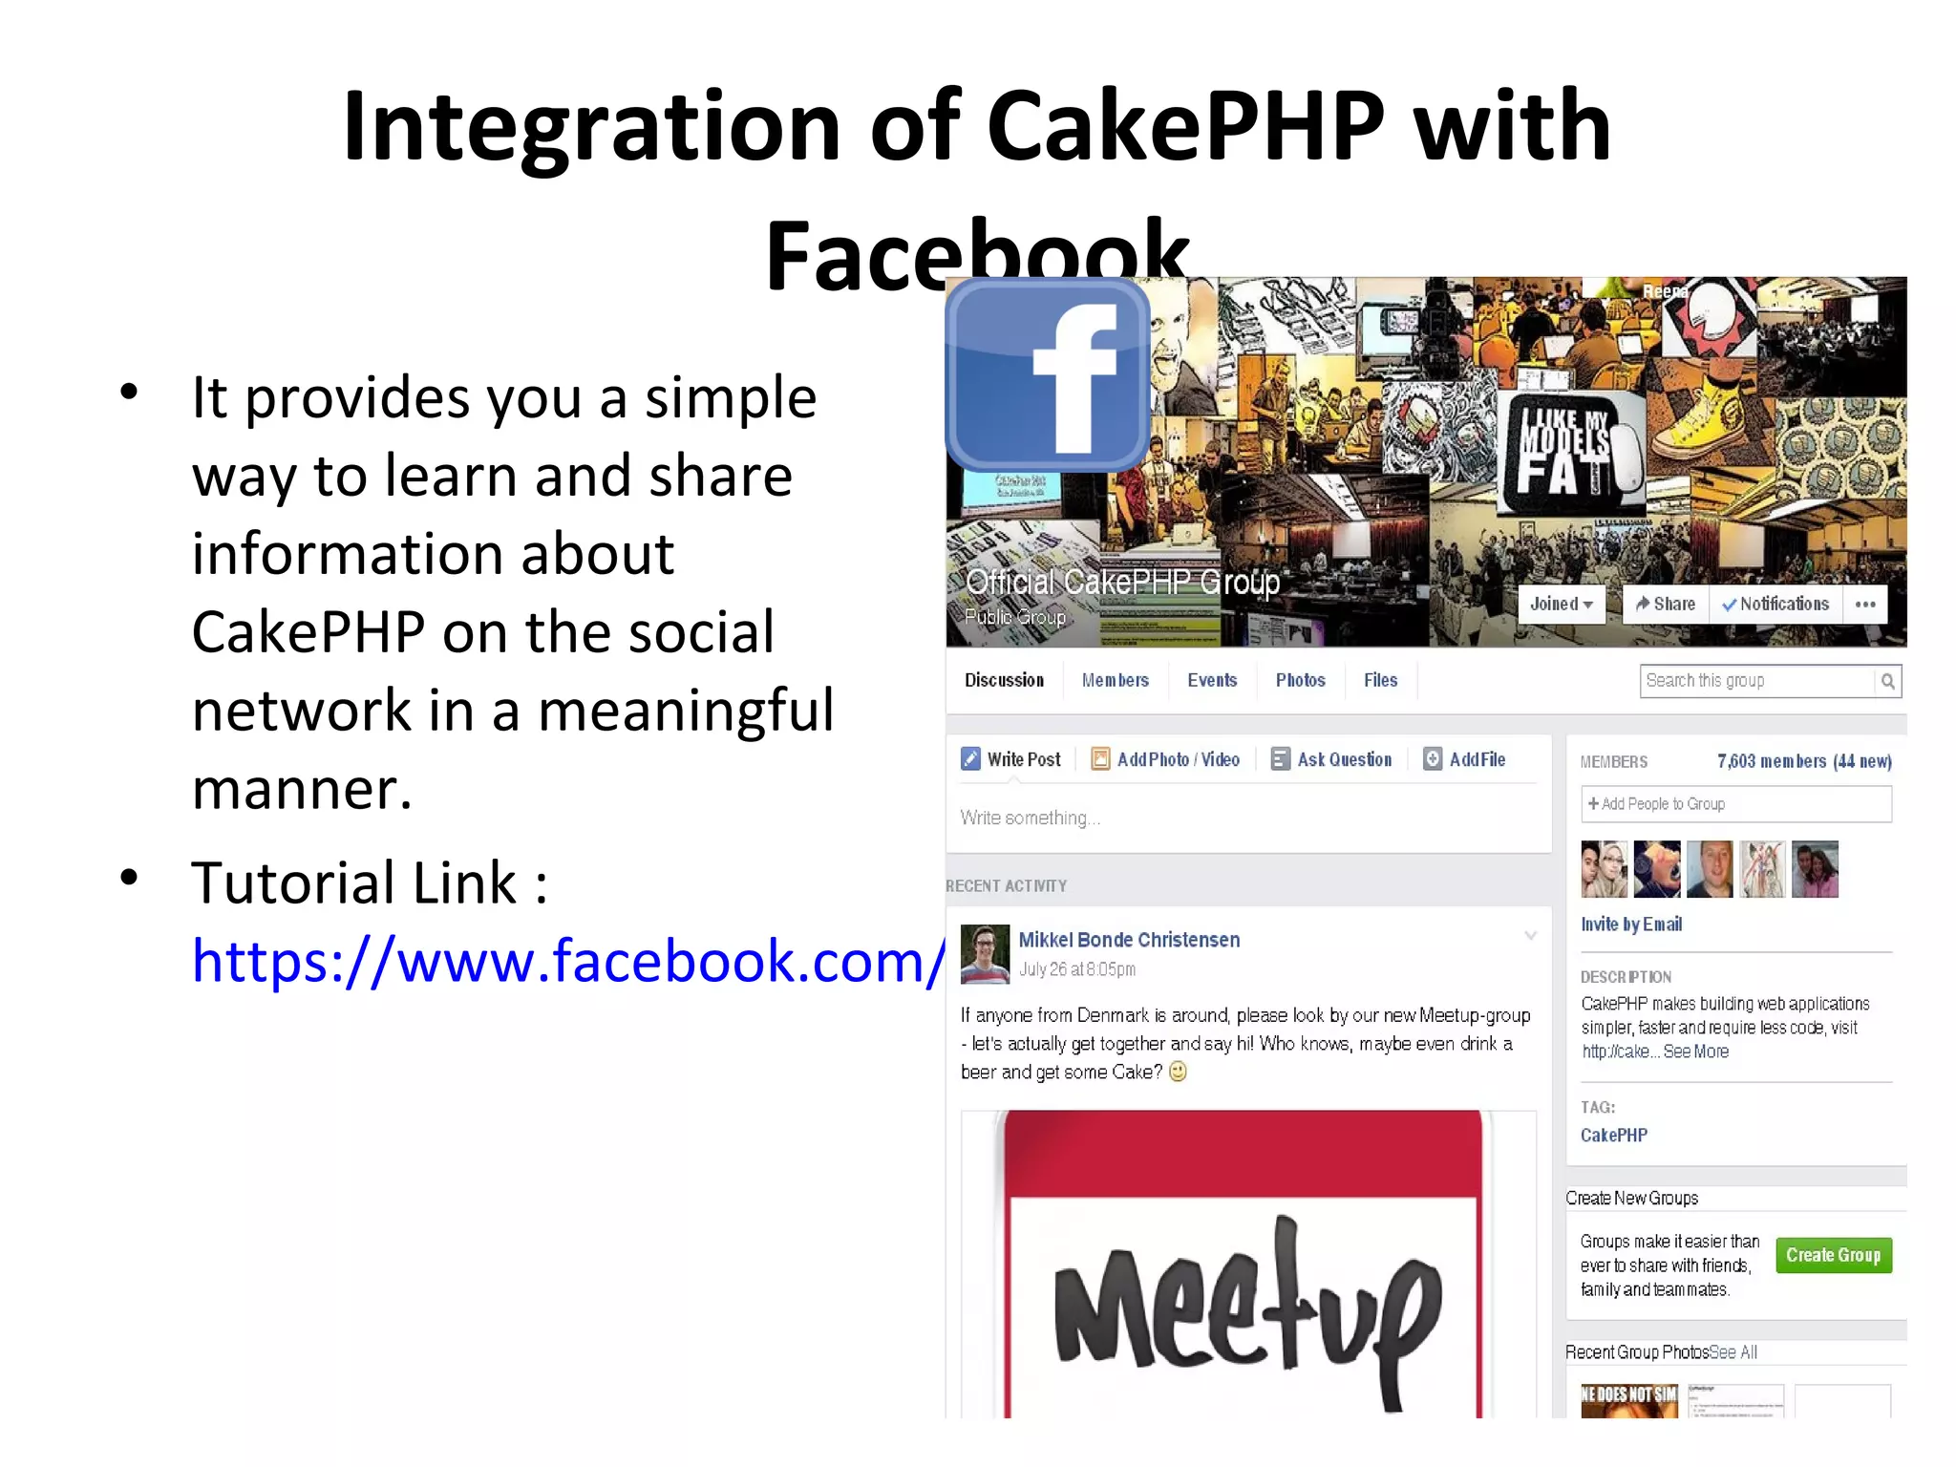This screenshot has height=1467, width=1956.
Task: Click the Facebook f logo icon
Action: (1048, 375)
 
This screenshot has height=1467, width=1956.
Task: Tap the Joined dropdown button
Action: (1562, 605)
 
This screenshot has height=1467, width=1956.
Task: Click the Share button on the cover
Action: (1666, 605)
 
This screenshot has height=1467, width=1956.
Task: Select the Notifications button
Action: (1775, 605)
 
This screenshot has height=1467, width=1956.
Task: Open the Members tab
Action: (1115, 680)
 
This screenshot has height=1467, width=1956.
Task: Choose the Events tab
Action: (1212, 680)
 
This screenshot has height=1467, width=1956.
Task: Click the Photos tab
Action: (1300, 680)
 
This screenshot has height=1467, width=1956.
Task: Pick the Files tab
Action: (1380, 680)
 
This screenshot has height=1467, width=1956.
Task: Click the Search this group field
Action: (1757, 681)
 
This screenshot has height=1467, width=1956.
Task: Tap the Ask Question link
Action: (1332, 759)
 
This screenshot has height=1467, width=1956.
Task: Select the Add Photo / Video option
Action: (1166, 759)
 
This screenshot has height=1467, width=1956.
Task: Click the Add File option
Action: (1465, 759)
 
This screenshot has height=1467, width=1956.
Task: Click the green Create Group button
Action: (1833, 1255)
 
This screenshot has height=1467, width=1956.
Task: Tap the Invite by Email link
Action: (1631, 925)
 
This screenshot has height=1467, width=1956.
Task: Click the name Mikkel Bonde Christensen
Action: (1129, 940)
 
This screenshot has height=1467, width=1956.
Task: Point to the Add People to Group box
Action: (1735, 804)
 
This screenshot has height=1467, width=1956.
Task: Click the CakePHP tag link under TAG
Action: (1614, 1135)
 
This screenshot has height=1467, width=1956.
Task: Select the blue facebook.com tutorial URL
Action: (569, 961)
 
